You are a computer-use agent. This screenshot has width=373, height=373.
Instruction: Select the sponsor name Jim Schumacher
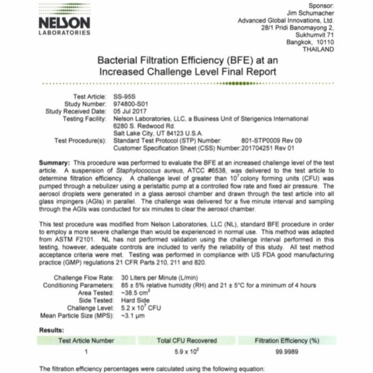310,13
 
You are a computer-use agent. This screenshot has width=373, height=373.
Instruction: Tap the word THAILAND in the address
318,50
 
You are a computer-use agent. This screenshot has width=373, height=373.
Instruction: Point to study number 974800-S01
131,104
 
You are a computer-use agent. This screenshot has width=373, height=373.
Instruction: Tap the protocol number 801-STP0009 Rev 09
271,141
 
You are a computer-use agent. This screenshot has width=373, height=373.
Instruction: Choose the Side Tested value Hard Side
135,301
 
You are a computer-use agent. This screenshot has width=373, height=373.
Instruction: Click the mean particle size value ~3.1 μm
133,315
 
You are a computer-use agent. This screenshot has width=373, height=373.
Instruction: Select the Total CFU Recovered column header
186,341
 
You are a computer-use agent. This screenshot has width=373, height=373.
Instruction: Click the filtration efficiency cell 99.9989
287,352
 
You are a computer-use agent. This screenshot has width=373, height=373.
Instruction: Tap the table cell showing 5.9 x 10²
186,352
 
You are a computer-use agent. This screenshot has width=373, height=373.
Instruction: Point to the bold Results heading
51,330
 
